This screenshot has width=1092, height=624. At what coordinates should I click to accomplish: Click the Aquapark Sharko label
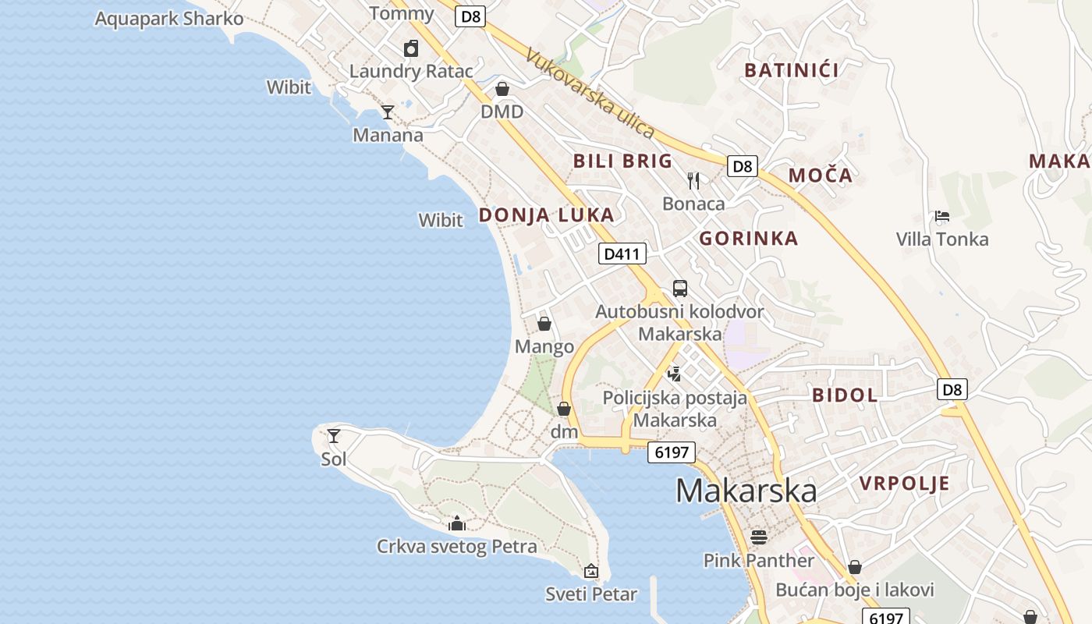168,19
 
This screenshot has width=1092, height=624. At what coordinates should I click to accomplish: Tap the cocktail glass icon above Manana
387,112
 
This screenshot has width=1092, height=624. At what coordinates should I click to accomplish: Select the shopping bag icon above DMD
502,89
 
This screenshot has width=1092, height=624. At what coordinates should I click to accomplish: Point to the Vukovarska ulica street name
589,93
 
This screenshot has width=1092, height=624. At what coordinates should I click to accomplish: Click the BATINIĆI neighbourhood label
791,70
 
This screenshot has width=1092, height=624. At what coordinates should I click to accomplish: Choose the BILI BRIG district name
622,161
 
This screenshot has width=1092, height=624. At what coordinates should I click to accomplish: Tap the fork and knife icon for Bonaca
693,181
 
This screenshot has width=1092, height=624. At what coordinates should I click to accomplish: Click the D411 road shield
622,253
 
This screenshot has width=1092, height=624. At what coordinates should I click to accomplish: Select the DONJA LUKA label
546,215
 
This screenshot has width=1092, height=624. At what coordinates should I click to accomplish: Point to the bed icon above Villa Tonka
942,216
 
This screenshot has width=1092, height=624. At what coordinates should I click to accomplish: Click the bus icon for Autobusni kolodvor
680,289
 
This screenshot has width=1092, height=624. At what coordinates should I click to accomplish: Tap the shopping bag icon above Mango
544,324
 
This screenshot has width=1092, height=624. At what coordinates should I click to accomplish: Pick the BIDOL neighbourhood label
845,395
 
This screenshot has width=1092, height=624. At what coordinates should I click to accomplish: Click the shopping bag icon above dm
564,409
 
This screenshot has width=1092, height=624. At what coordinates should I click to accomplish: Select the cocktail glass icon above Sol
334,436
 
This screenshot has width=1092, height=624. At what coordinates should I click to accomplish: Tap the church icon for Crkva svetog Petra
457,523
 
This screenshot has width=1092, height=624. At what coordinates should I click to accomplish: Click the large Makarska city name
746,491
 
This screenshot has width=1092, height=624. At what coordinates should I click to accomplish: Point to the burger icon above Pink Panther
758,537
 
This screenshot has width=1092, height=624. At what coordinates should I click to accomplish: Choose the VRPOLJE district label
904,484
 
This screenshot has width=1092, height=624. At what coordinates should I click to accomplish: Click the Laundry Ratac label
410,71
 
